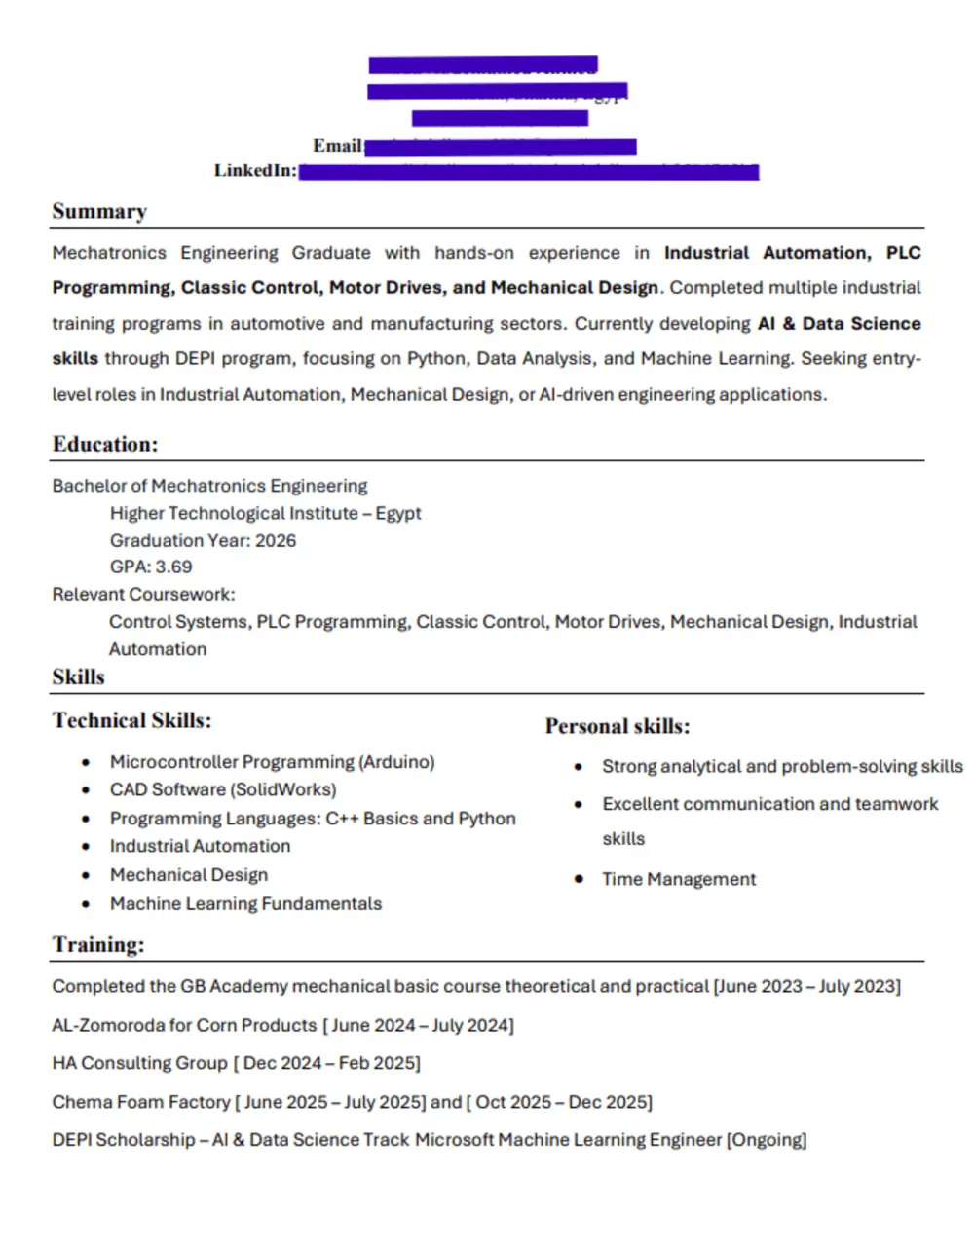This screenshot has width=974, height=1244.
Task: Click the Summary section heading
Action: coord(99,212)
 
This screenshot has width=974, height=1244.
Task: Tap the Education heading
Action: coord(105,445)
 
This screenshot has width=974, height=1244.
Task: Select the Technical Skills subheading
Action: coord(131,721)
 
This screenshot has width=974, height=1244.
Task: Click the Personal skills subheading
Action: coord(618,727)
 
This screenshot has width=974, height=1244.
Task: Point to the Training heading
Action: coord(98,945)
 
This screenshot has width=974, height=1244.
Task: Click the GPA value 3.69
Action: coord(174,567)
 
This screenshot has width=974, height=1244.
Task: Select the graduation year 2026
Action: coord(276,541)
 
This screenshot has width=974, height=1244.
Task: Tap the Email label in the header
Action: coord(337,146)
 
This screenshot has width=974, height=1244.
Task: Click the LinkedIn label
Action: coord(255,171)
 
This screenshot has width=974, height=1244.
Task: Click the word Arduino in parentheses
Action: coord(396,762)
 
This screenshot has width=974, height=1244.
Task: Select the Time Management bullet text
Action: coord(679,880)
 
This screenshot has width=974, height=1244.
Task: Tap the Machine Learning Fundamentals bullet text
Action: coord(245,904)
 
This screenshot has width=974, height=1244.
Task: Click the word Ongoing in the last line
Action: coord(767,1140)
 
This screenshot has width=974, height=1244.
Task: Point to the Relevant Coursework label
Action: coord(143,595)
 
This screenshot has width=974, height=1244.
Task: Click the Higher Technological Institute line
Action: coord(265,514)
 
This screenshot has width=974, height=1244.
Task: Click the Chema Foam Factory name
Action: coord(141,1102)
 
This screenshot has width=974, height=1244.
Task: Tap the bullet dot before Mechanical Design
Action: coord(87,876)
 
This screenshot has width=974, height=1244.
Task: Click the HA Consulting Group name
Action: coord(139,1064)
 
